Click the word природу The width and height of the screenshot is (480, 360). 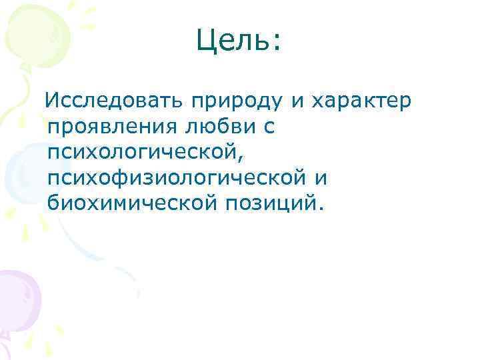(237, 102)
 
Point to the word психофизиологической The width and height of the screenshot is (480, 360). (171, 178)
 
